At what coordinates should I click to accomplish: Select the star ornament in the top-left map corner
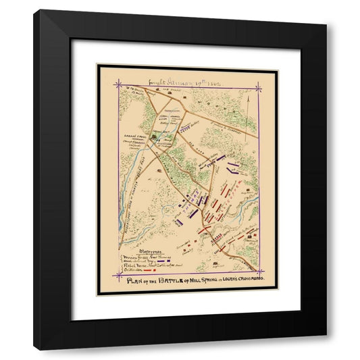(x=119, y=84)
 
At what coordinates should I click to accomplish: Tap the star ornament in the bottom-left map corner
(x=119, y=276)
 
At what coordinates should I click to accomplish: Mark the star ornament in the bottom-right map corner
(x=258, y=276)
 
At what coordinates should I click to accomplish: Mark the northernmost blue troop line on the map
(x=234, y=164)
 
